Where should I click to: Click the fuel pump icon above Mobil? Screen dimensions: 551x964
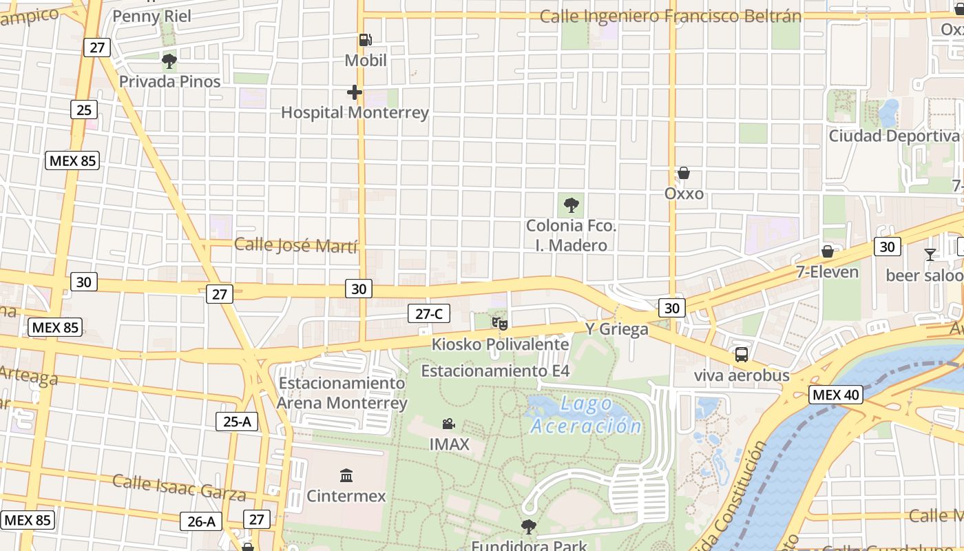click(x=365, y=41)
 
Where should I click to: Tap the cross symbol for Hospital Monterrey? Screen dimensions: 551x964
click(x=355, y=92)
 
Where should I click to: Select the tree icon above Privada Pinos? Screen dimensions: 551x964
click(x=169, y=62)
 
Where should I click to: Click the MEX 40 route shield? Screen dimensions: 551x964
click(x=835, y=395)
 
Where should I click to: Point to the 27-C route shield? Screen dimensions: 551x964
click(x=428, y=314)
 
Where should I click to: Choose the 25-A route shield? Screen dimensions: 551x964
click(x=237, y=422)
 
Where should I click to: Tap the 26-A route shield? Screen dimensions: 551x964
click(x=201, y=521)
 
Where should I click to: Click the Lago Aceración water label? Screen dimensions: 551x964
click(x=586, y=415)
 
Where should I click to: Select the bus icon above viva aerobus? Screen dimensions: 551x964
click(x=741, y=355)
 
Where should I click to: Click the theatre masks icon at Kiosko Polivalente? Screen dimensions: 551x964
click(x=499, y=322)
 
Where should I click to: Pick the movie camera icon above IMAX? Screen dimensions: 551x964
click(x=448, y=424)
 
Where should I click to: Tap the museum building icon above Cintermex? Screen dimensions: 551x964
click(x=346, y=475)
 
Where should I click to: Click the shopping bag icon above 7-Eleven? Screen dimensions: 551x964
click(x=827, y=251)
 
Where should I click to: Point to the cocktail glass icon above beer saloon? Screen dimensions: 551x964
click(x=930, y=254)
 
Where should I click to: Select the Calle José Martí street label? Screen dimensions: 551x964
click(x=295, y=245)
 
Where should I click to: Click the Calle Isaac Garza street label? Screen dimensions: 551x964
click(x=179, y=487)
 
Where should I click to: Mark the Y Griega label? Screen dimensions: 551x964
click(x=616, y=329)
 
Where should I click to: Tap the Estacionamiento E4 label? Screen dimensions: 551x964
click(x=496, y=371)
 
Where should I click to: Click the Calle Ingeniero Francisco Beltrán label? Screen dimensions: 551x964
click(x=671, y=17)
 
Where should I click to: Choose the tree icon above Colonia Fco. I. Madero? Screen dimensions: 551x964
click(x=571, y=205)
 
